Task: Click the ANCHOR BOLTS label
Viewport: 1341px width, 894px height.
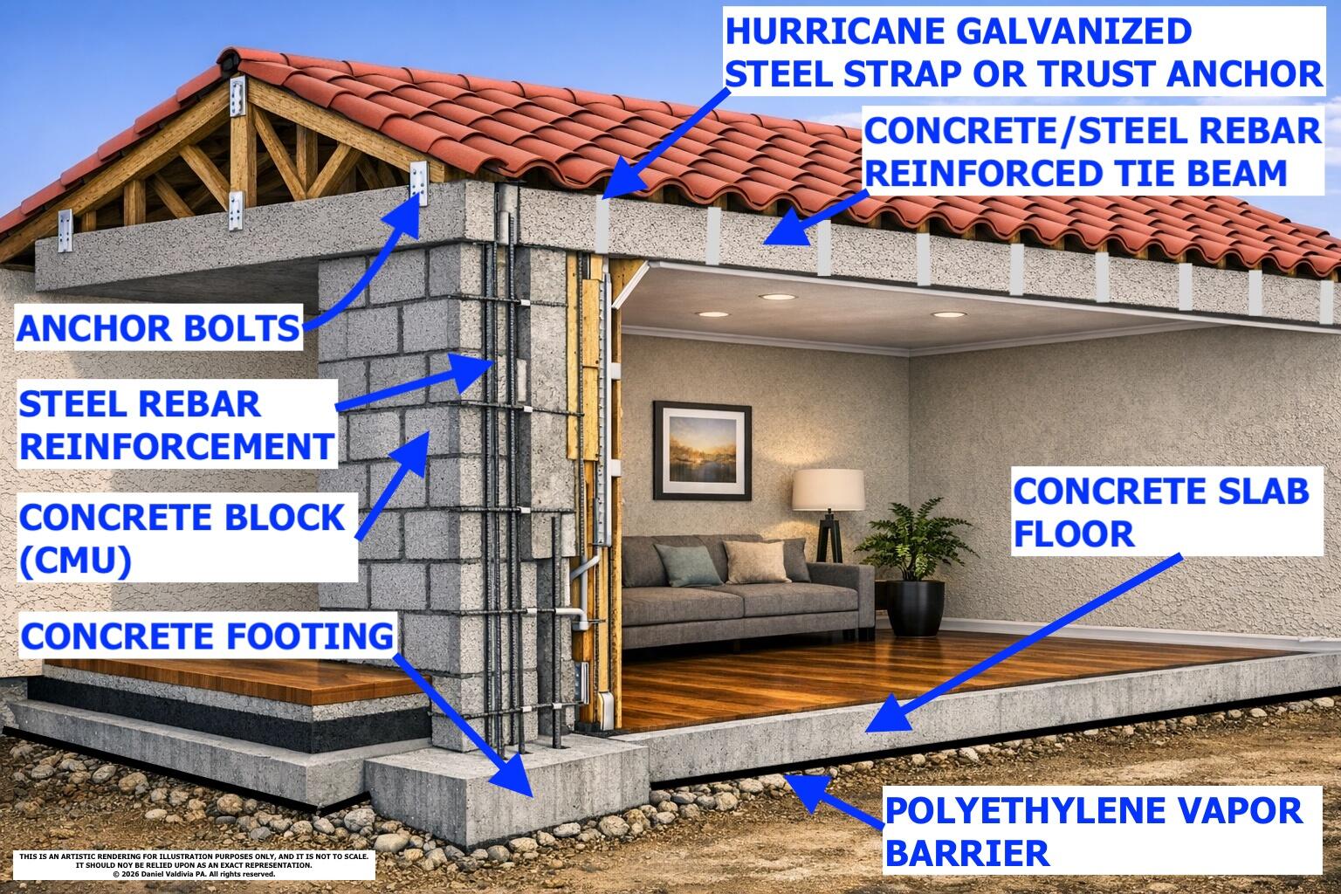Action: coord(158,328)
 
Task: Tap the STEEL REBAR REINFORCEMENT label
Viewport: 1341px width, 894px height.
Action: coord(175,426)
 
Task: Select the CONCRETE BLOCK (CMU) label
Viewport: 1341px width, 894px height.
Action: coord(182,538)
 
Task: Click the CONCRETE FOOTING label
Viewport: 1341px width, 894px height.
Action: coord(206,636)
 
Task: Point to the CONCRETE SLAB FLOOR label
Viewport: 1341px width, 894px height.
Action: coord(1160,511)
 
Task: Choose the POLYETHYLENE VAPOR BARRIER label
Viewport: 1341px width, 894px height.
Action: coord(1093,831)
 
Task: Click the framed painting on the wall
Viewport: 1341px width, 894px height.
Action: coord(701,450)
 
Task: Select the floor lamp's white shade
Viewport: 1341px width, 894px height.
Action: coord(829,490)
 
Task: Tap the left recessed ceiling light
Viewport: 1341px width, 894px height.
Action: coord(712,313)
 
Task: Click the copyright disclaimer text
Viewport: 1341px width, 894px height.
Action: coord(193,864)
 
